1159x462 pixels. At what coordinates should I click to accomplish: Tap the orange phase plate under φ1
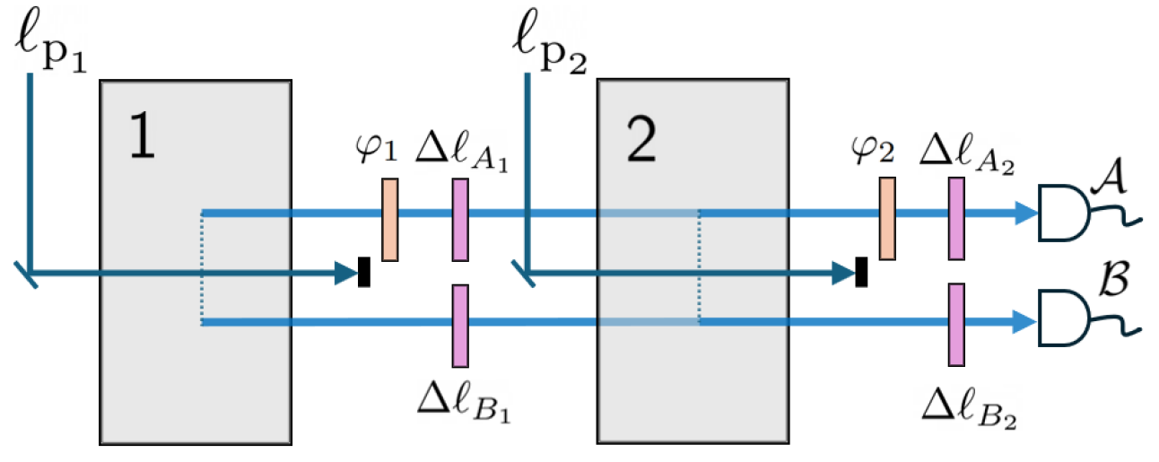click(x=389, y=220)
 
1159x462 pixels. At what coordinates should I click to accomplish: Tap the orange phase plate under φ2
click(x=887, y=219)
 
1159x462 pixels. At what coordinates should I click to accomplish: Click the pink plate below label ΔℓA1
click(x=460, y=220)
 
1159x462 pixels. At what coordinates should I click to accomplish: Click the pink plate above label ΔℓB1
click(x=460, y=326)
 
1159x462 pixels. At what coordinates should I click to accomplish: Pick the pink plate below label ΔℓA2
click(x=956, y=219)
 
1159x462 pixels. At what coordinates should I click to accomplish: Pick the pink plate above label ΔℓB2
click(x=956, y=325)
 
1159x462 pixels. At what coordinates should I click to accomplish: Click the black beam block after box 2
click(x=861, y=272)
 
